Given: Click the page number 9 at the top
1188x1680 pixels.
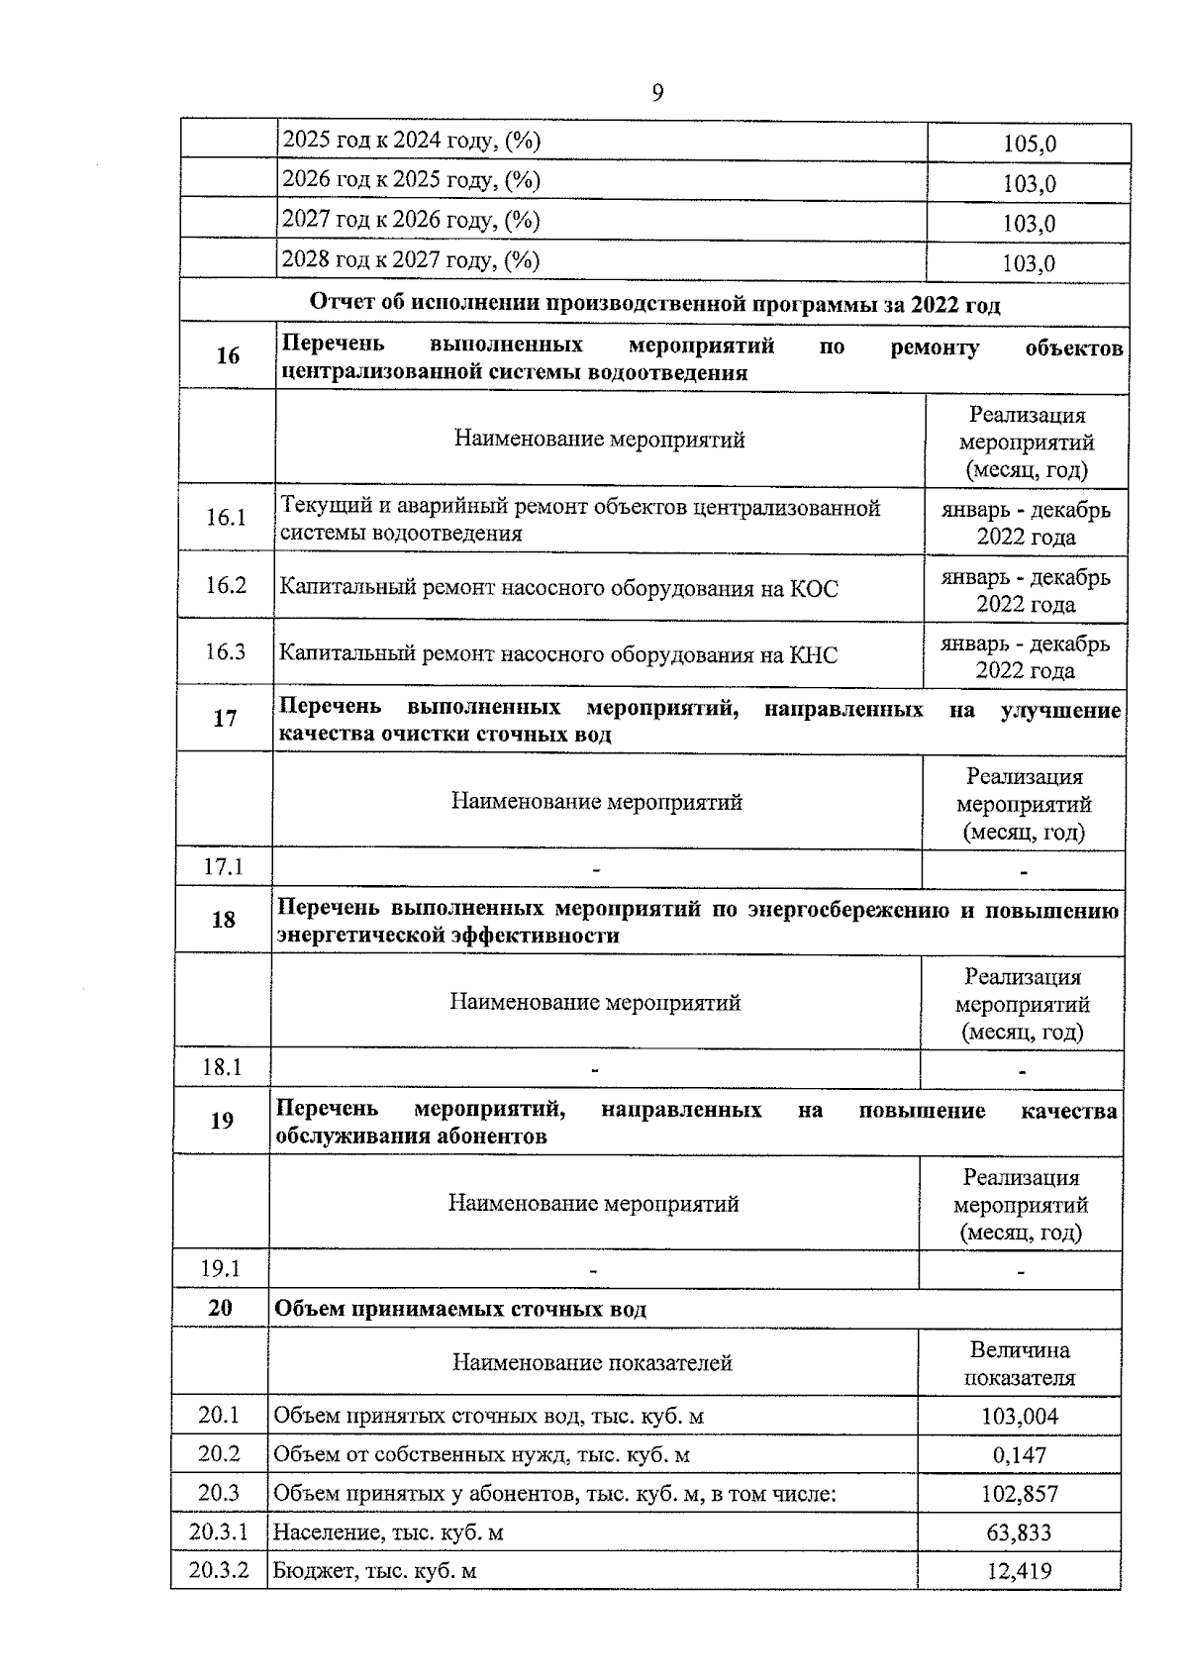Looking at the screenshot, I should pyautogui.click(x=657, y=93).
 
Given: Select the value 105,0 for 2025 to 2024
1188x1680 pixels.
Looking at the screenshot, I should pyautogui.click(x=1029, y=145).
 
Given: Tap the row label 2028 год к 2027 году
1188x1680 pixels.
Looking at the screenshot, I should pyautogui.click(x=411, y=260).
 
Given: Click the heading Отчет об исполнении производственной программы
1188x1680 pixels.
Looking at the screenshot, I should pyautogui.click(x=654, y=304).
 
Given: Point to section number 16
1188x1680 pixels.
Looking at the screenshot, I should pyautogui.click(x=228, y=355).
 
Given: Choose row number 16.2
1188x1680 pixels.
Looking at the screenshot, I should pyautogui.click(x=226, y=585).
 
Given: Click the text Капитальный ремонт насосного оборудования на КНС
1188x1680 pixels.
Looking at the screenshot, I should pyautogui.click(x=557, y=654).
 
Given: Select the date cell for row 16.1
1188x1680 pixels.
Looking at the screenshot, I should pyautogui.click(x=1026, y=523).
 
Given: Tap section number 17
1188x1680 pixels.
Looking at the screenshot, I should pyautogui.click(x=225, y=718).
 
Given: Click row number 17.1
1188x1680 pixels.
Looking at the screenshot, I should pyautogui.click(x=224, y=867).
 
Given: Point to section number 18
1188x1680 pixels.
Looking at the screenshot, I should pyautogui.click(x=224, y=920).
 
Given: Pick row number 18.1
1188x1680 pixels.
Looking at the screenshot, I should pyautogui.click(x=222, y=1067).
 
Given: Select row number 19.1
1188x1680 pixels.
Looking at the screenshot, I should pyautogui.click(x=221, y=1268).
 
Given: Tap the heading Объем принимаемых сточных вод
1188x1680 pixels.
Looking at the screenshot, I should pyautogui.click(x=459, y=1309).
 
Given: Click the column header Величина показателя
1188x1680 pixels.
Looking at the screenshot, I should pyautogui.click(x=1019, y=1363).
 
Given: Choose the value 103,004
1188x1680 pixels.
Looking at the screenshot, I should pyautogui.click(x=1019, y=1417).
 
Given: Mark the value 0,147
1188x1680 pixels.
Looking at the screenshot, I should pyautogui.click(x=1019, y=1455).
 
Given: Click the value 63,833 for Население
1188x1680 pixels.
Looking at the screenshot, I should pyautogui.click(x=1019, y=1532).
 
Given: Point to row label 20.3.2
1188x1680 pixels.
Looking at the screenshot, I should pyautogui.click(x=219, y=1571).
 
